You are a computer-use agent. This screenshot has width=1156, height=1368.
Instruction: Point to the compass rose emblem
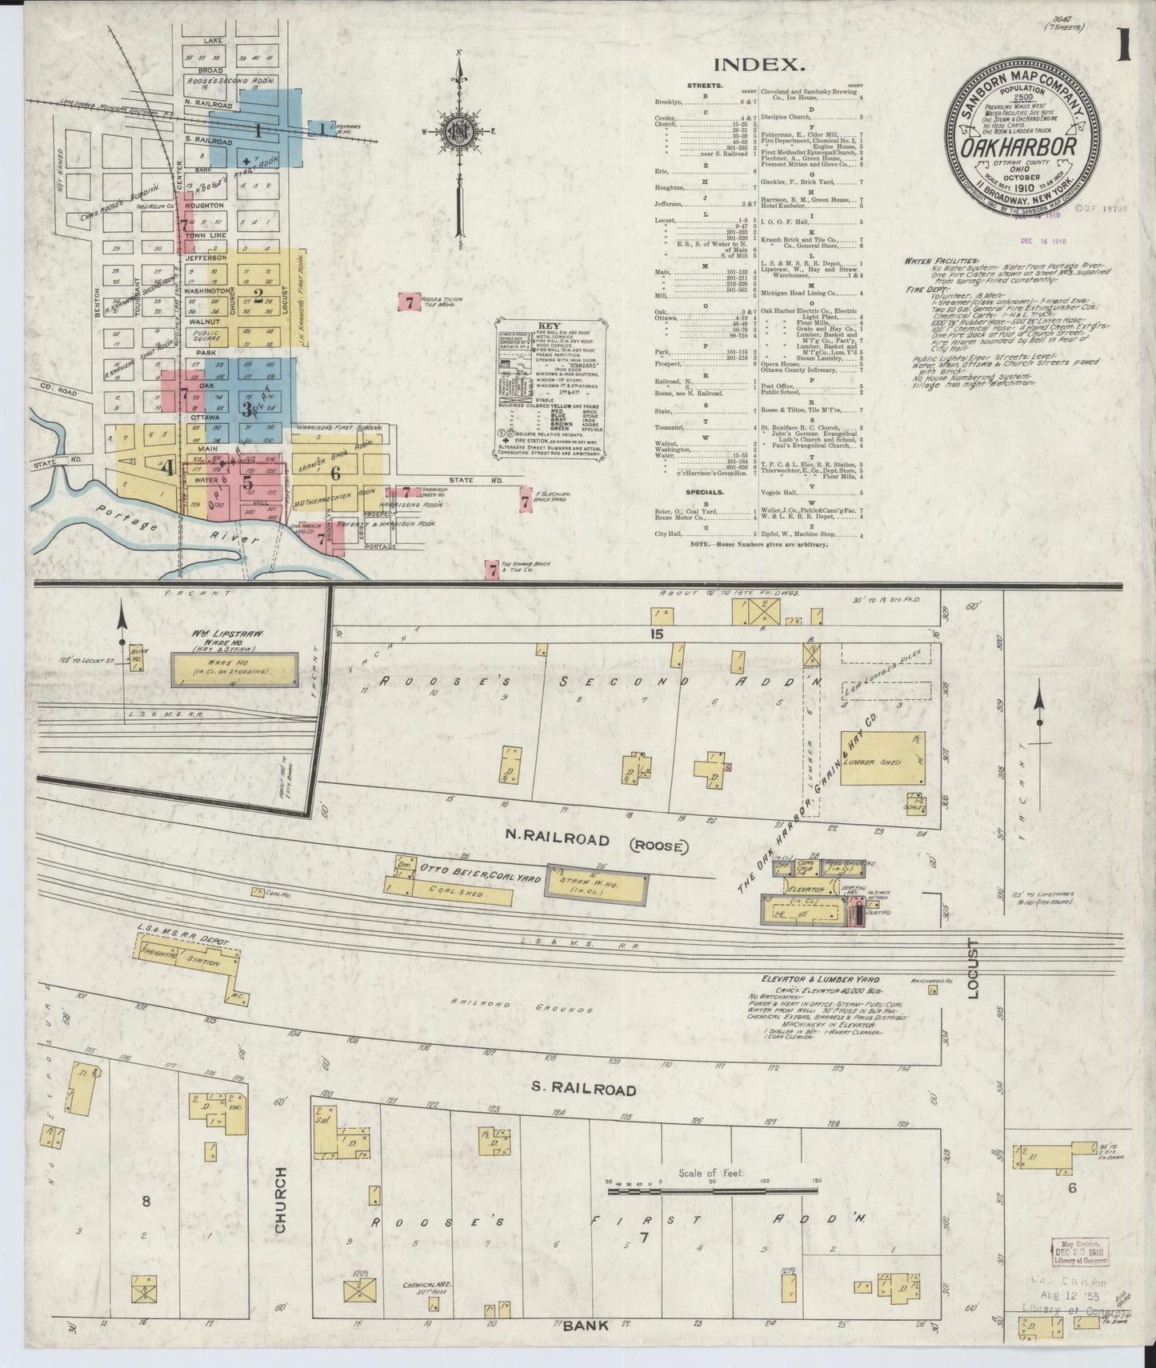coord(459,134)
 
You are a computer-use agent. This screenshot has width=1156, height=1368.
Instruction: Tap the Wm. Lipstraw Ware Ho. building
coord(234,669)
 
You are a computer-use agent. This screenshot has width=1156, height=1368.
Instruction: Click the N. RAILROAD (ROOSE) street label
coord(568,841)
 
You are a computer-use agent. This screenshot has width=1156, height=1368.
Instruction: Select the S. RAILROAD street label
coord(583,1090)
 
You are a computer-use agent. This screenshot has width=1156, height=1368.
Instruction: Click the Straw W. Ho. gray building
coord(596,885)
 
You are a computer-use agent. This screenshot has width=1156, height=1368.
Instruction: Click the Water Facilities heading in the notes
coord(942,261)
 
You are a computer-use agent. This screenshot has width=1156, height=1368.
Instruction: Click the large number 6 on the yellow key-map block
coord(335,473)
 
